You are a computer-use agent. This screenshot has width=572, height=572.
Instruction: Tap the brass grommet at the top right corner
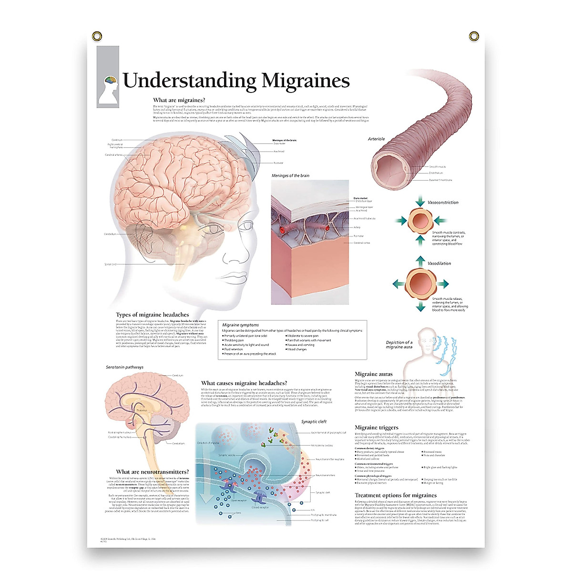pos(473,36)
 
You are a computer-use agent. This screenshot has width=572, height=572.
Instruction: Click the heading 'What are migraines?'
pos(179,100)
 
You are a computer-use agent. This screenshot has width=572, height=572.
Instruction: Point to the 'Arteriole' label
pos(376,139)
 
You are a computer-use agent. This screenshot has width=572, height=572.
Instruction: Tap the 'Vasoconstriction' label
pos(443,203)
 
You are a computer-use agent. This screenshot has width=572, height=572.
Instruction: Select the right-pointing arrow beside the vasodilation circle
pos(443,284)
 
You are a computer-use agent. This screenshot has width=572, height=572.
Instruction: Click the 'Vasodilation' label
pos(439,263)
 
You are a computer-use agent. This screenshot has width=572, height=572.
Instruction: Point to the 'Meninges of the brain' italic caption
pos(290,176)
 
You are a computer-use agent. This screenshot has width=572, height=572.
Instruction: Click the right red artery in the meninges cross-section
pos(327,228)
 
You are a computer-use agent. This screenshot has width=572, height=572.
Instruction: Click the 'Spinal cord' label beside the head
pos(110,264)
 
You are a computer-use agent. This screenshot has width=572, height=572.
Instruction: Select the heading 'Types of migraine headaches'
pos(152,315)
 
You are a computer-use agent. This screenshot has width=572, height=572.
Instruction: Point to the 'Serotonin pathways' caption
pos(124,368)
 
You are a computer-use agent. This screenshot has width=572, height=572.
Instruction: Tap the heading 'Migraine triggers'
pos(376,428)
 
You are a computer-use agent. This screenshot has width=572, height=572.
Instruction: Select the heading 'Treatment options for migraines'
pos(396,495)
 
